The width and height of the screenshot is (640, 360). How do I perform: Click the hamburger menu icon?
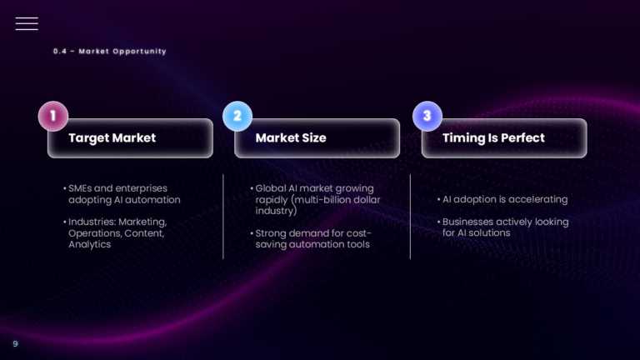pos(27,23)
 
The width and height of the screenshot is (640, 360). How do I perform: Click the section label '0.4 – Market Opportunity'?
pos(109,52)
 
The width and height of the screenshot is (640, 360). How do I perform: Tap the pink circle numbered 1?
pos(53,116)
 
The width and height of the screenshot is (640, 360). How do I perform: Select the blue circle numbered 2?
pos(237,116)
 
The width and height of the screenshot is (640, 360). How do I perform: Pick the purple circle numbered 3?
pos(427,116)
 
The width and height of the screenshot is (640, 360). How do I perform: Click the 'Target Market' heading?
pos(112,137)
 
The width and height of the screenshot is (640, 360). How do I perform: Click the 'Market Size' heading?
pos(291,137)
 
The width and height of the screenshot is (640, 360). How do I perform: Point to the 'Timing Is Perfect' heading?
pos(493,137)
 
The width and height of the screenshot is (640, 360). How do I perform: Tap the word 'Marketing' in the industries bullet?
pos(143,222)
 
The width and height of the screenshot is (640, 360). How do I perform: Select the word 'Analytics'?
pos(90,245)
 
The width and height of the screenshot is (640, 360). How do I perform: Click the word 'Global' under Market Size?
pos(272,188)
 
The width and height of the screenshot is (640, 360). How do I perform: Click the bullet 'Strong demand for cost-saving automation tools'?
pos(312,238)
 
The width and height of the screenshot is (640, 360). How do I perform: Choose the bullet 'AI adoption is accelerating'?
pos(504,200)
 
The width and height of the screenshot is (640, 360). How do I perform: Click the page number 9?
pos(14,343)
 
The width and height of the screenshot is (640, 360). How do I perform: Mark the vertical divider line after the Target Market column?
pos(223,217)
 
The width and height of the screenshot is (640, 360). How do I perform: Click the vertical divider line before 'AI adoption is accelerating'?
pos(410,217)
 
